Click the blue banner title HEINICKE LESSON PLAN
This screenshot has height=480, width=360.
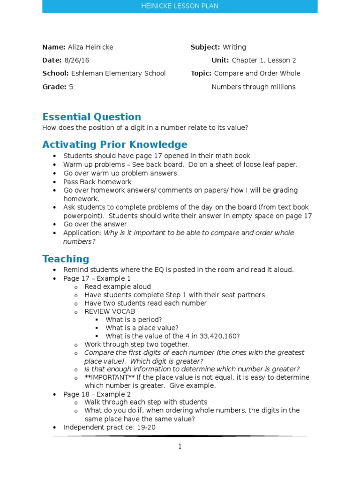[x=180, y=6]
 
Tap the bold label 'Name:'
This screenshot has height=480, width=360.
[x=53, y=47]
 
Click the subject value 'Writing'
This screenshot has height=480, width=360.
[x=234, y=47]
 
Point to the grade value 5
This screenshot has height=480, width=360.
[x=71, y=87]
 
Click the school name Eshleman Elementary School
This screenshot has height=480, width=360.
[x=118, y=74]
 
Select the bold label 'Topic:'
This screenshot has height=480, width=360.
[x=201, y=74]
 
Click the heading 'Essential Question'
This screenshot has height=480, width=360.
[x=91, y=117]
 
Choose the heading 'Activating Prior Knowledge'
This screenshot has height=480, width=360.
[x=114, y=144]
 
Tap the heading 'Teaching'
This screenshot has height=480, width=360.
[x=66, y=259]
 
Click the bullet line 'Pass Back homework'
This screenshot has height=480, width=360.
[x=97, y=182]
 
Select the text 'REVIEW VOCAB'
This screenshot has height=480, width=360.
[x=110, y=312]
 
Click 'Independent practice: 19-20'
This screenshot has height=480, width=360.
[x=109, y=427]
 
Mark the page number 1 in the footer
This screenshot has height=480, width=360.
[x=180, y=447]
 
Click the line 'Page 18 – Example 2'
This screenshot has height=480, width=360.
[x=97, y=394]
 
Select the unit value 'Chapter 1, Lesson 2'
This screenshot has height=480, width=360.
[x=264, y=60]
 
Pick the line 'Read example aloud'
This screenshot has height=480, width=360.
[x=118, y=286]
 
